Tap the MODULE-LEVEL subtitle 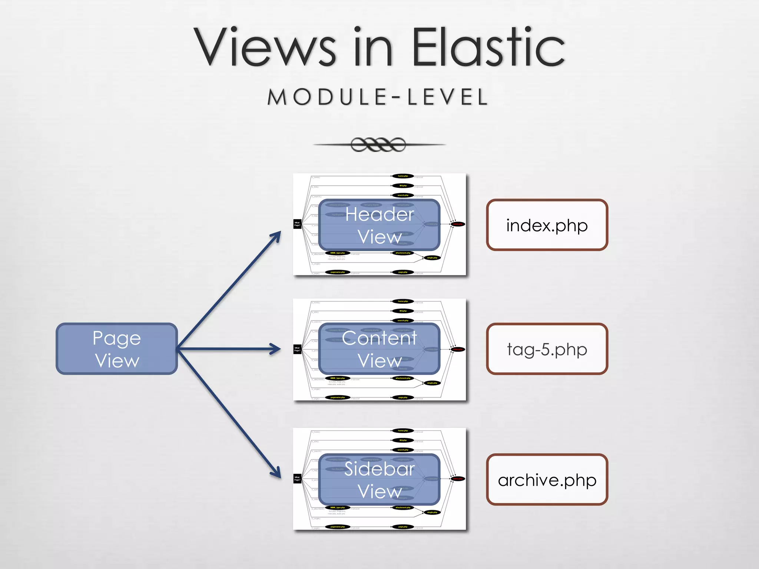[378, 97]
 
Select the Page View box [117, 349]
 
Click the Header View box [379, 225]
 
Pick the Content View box [379, 349]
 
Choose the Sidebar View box [379, 479]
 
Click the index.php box [547, 225]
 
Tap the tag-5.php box [547, 349]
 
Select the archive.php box [547, 479]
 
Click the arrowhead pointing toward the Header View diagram [277, 236]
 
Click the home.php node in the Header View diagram [403, 176]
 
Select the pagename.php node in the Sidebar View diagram [337, 526]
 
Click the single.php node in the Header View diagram [432, 257]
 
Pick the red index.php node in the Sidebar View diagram [458, 479]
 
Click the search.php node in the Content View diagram [403, 320]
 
